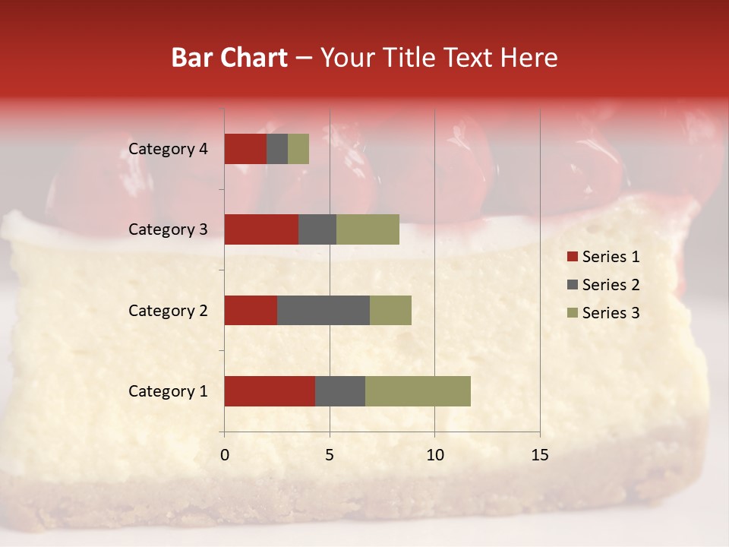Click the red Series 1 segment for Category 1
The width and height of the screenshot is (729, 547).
270,391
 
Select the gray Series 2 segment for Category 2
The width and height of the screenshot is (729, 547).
323,310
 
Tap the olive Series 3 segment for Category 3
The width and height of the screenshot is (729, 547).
368,229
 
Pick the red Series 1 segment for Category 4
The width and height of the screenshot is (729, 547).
245,149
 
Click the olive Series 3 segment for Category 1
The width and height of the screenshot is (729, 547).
418,391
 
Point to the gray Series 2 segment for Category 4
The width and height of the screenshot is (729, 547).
277,149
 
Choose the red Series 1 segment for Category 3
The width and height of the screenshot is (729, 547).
261,229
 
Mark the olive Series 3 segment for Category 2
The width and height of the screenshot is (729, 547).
390,310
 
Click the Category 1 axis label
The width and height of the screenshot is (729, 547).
168,391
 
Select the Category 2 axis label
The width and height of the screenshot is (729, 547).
168,311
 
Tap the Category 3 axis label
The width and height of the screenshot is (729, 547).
168,229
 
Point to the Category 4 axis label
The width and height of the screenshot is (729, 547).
168,149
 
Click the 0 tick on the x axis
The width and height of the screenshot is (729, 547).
225,455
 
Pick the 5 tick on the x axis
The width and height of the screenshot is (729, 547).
330,455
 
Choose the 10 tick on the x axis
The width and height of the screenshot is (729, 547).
434,455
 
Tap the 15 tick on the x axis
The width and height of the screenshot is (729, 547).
540,455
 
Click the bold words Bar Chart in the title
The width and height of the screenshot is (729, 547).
229,58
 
